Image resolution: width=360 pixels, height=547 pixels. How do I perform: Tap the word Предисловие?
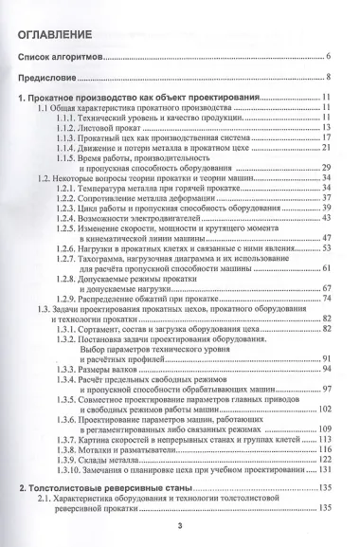pos(55,78)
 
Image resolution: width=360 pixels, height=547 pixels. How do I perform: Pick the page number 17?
pos(325,137)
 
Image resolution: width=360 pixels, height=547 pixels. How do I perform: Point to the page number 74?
pos(325,299)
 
